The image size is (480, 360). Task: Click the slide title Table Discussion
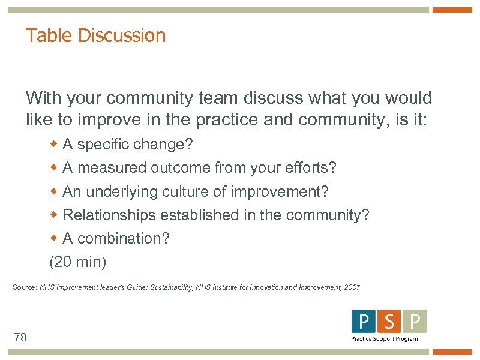(x=95, y=35)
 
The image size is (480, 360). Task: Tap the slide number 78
(x=20, y=338)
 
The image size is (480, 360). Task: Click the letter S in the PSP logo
(x=389, y=322)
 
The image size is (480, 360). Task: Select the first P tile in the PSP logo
(x=363, y=322)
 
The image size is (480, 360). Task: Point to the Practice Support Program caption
(x=384, y=339)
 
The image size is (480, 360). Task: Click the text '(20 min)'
(x=78, y=262)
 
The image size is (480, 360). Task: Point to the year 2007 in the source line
(x=352, y=287)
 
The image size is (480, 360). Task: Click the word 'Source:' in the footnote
(x=25, y=287)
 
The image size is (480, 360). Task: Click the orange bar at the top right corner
(x=452, y=10)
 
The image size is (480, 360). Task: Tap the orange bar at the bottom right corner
(x=452, y=352)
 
